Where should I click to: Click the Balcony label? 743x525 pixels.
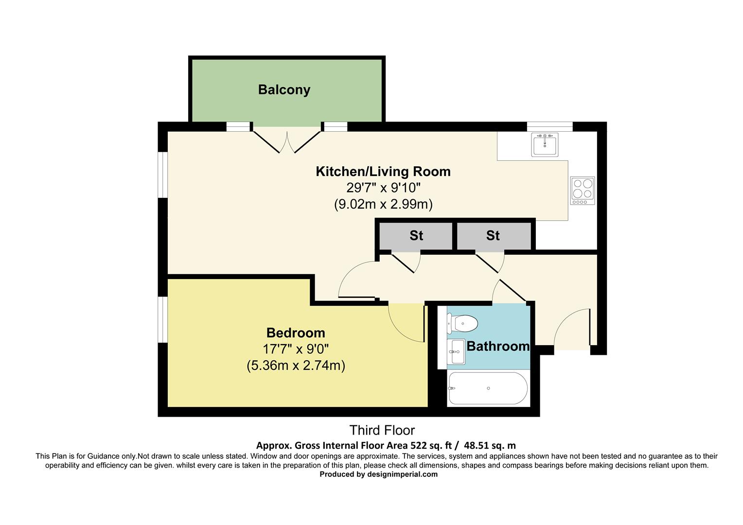click(x=284, y=90)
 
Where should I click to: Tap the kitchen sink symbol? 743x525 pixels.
click(x=545, y=144)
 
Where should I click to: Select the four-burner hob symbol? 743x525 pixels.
click(x=583, y=190)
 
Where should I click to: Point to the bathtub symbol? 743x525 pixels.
click(x=488, y=388)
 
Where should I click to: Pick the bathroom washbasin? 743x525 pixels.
click(x=457, y=351)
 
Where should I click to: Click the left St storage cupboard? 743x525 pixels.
click(x=415, y=236)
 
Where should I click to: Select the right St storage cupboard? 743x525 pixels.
click(x=493, y=236)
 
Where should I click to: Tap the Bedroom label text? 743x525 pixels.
click(x=296, y=333)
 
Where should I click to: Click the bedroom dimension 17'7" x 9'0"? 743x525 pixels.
click(x=296, y=349)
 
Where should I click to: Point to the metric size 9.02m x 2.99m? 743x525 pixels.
click(x=383, y=204)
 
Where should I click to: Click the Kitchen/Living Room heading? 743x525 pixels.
click(x=383, y=172)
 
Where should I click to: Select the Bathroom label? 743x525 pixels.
click(x=497, y=346)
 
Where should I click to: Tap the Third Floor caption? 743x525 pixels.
click(x=382, y=430)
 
